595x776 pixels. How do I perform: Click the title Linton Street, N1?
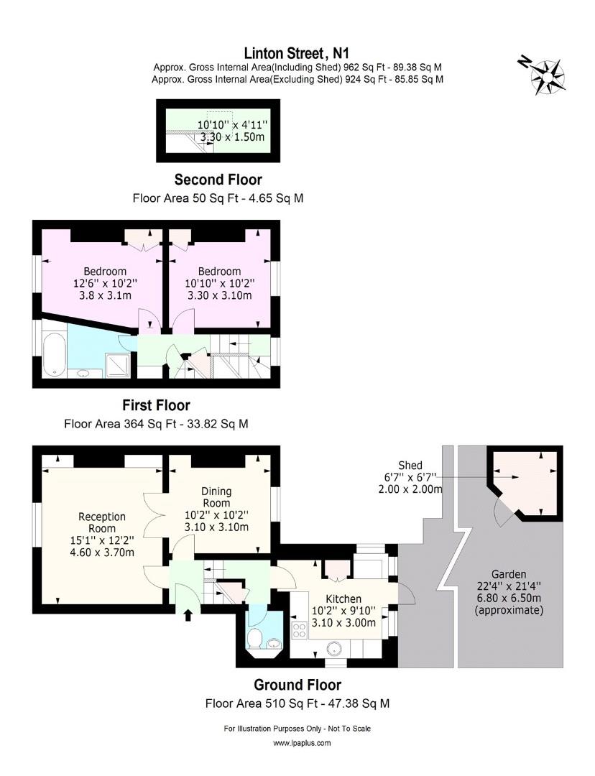click(297, 52)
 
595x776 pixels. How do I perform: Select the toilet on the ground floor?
click(255, 638)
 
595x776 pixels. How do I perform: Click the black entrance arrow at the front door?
click(188, 614)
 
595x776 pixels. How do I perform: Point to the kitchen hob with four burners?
click(299, 630)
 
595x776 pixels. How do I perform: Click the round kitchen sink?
click(334, 648)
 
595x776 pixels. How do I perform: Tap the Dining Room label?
click(216, 496)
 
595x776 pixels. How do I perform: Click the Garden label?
click(509, 574)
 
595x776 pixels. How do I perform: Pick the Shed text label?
click(410, 465)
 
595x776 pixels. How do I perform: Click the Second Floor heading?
click(218, 180)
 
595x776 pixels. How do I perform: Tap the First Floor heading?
click(156, 405)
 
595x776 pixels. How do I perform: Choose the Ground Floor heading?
click(297, 685)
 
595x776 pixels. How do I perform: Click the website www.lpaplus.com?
click(297, 744)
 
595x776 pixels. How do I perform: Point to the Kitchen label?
click(343, 599)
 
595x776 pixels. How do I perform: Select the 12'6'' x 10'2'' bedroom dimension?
click(105, 283)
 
